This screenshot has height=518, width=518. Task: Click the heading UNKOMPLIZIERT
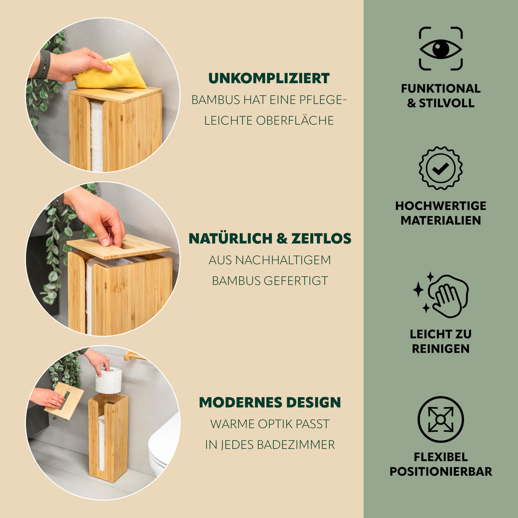coord(269,78)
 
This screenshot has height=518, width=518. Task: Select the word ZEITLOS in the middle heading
coord(321,238)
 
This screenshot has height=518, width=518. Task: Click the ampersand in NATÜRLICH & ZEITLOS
coord(282,238)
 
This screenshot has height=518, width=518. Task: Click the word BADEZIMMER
coord(296,445)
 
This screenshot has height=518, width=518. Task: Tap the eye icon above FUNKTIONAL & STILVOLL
coord(441,49)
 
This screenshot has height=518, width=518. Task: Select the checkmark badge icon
coord(441,168)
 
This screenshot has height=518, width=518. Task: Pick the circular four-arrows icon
coord(441,419)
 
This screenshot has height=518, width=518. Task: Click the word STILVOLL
coord(447,103)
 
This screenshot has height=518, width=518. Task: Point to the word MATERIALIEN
coord(441,221)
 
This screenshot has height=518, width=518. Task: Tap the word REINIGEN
coord(441,349)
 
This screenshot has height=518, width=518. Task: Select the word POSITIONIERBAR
coord(441,471)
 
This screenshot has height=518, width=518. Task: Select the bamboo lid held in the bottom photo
coord(64,400)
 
